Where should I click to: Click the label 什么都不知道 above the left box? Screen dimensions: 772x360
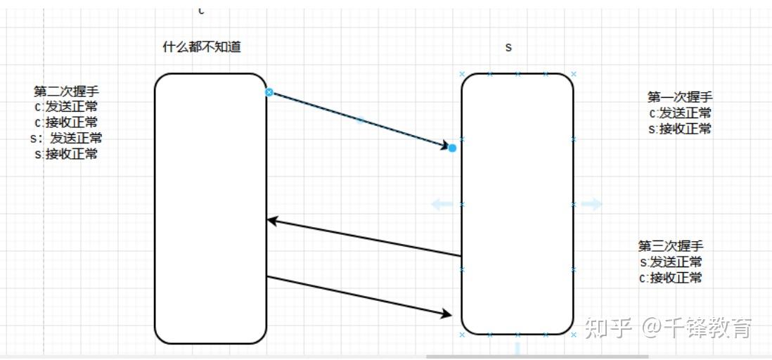pyautogui.click(x=202, y=47)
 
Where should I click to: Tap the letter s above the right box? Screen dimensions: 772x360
pyautogui.click(x=509, y=47)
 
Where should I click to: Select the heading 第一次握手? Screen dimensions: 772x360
pyautogui.click(x=680, y=97)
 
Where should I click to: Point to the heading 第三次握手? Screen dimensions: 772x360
pyautogui.click(x=671, y=246)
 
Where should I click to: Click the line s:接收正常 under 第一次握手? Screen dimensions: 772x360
pyautogui.click(x=680, y=129)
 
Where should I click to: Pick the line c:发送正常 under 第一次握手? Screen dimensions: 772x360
pyautogui.click(x=680, y=113)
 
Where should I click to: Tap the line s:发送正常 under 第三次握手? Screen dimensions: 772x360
pyautogui.click(x=671, y=262)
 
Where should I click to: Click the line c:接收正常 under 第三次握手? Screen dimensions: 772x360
pyautogui.click(x=671, y=278)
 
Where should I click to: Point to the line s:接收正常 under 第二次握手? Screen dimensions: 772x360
pyautogui.click(x=66, y=154)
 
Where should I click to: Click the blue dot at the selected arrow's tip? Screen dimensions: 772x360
pyautogui.click(x=452, y=148)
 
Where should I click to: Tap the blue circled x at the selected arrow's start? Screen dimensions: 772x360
pyautogui.click(x=269, y=92)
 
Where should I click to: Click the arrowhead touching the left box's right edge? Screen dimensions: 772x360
pyautogui.click(x=274, y=221)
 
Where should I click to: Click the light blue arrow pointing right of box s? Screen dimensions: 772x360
pyautogui.click(x=591, y=204)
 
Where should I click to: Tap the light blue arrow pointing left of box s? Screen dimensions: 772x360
pyautogui.click(x=442, y=204)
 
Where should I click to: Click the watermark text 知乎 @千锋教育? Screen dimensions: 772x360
pyautogui.click(x=668, y=328)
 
